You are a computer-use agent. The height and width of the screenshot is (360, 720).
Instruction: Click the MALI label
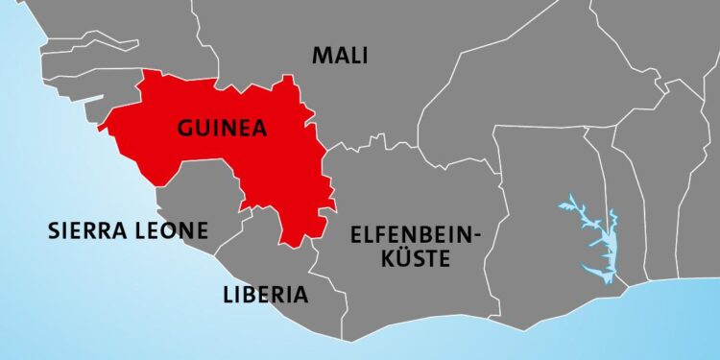(x=341, y=56)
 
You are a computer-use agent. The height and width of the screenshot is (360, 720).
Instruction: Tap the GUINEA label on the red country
(x=222, y=130)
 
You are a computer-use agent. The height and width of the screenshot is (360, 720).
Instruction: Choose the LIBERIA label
(x=265, y=294)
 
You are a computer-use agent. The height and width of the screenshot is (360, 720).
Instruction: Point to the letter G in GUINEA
(x=185, y=130)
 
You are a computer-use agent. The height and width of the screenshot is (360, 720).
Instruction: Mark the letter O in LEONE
(x=169, y=230)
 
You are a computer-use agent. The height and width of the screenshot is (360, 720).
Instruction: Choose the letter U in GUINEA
(x=204, y=130)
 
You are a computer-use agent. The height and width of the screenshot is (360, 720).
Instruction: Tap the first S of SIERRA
(x=54, y=230)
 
